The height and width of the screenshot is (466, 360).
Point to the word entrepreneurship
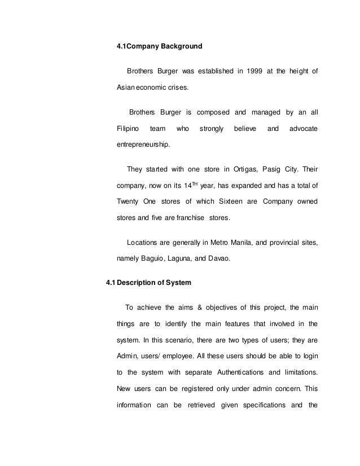(x=142, y=145)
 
